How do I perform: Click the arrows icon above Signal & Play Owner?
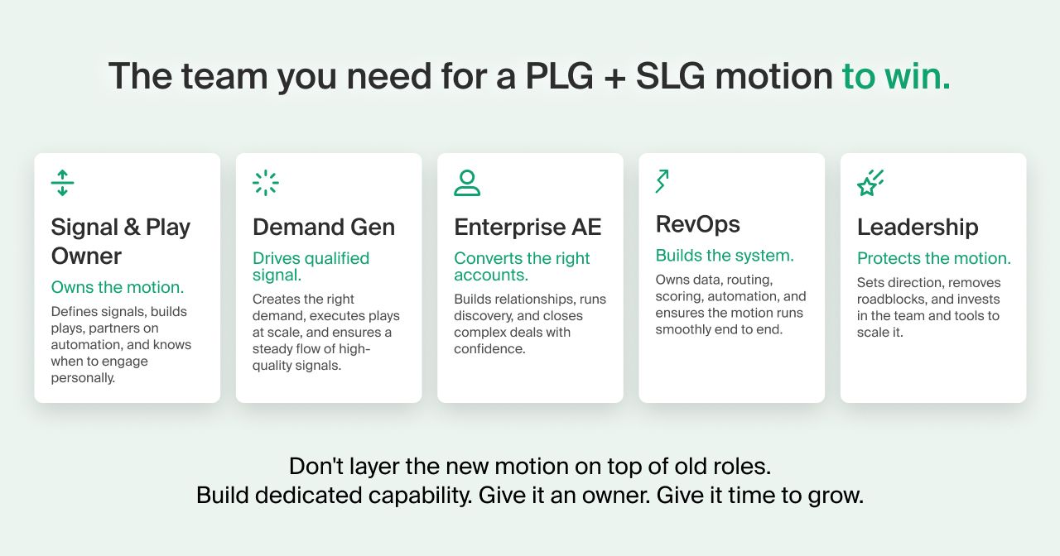click(x=62, y=183)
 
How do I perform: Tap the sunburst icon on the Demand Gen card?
click(x=266, y=183)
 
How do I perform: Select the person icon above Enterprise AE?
click(x=467, y=183)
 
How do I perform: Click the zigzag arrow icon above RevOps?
click(x=662, y=181)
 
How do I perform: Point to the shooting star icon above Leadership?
click(x=870, y=183)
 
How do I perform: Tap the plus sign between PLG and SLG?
click(x=614, y=78)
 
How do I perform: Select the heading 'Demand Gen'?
click(x=324, y=227)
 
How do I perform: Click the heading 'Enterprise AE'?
click(x=528, y=227)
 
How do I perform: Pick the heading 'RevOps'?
click(x=697, y=224)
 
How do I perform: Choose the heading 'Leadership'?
click(x=918, y=227)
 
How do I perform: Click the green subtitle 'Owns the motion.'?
click(x=118, y=287)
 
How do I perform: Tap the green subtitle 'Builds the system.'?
click(x=725, y=256)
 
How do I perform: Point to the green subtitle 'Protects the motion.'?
click(x=933, y=258)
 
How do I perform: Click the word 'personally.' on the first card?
click(x=83, y=378)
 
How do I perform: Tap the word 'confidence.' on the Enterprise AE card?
click(x=489, y=349)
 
